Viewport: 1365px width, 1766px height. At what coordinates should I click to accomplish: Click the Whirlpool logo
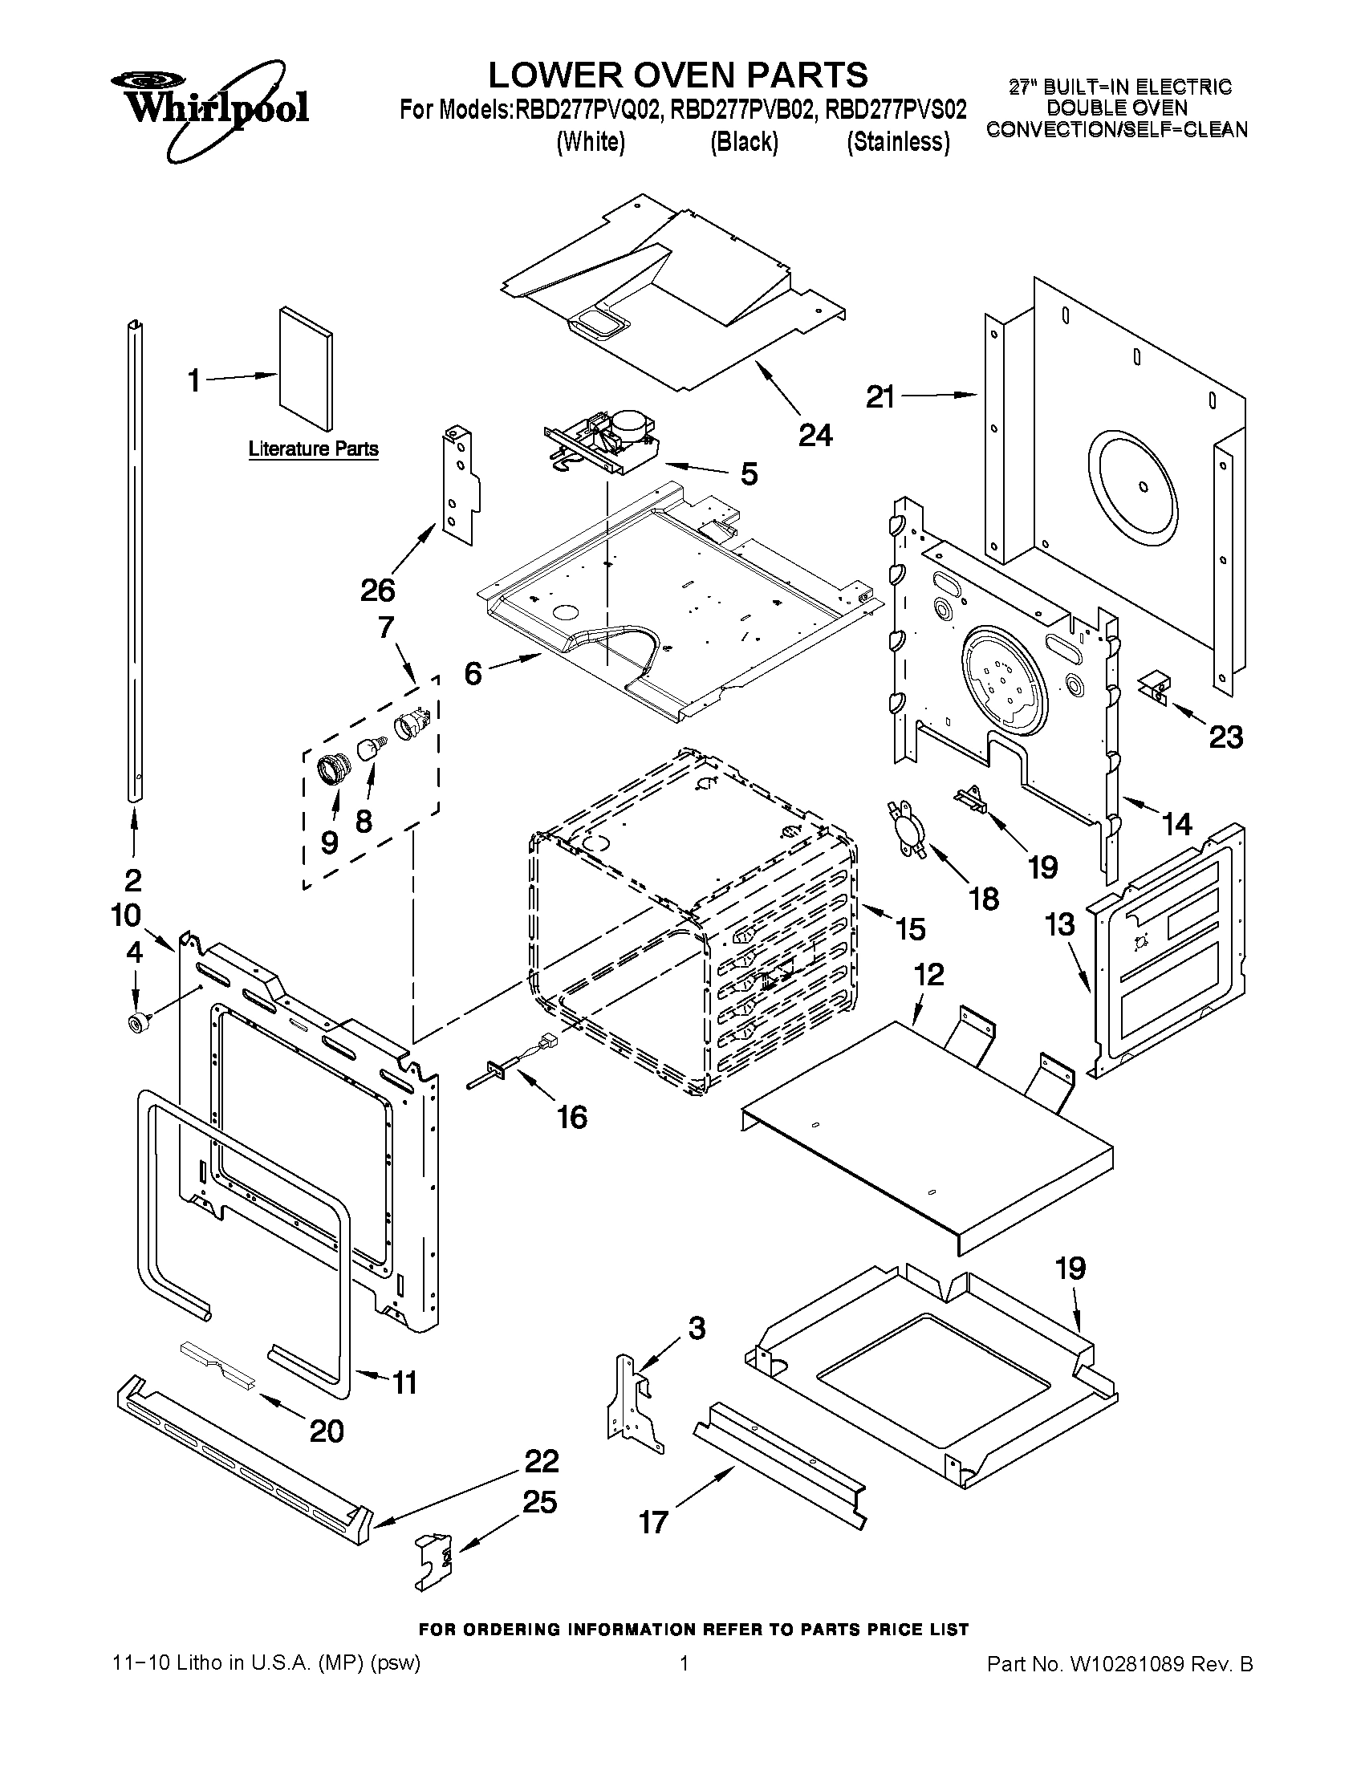click(209, 108)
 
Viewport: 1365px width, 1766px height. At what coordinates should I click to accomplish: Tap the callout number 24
click(815, 435)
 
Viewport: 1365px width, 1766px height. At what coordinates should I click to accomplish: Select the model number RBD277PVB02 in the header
click(740, 109)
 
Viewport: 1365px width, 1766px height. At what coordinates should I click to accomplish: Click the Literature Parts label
click(313, 448)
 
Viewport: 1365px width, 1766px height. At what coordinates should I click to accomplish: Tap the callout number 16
click(571, 1118)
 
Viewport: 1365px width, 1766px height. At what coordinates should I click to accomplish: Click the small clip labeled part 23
click(1154, 684)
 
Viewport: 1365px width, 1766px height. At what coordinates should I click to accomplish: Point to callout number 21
click(880, 396)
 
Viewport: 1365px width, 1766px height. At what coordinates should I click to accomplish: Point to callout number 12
click(929, 974)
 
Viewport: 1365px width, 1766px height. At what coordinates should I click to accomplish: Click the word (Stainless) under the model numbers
click(898, 142)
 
